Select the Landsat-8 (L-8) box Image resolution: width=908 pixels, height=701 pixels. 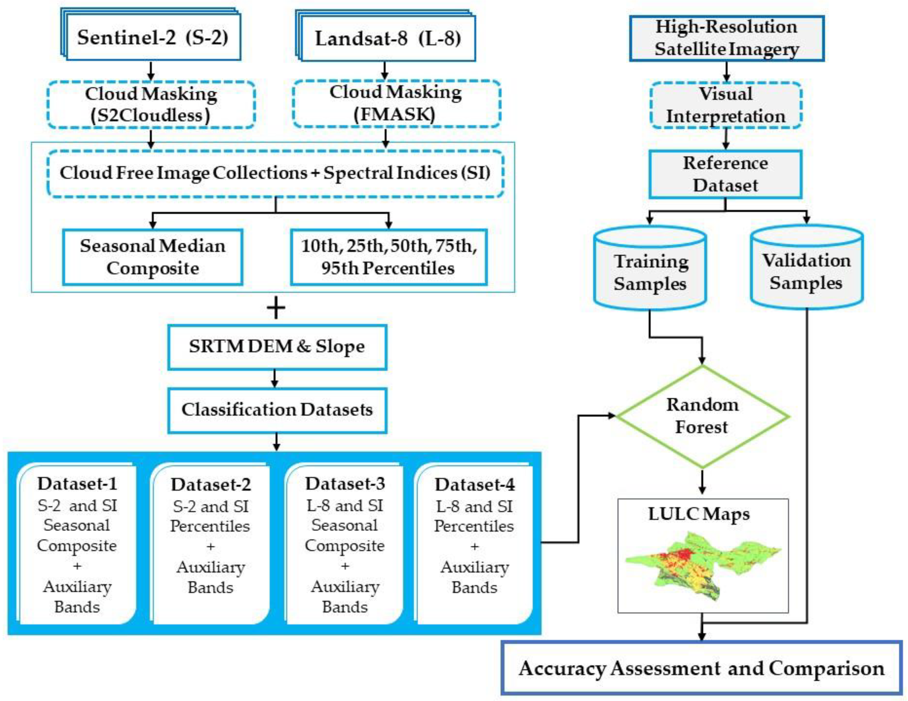pyautogui.click(x=387, y=39)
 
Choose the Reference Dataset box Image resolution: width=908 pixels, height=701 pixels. pyautogui.click(x=725, y=174)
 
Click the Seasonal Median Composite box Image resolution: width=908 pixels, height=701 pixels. pyautogui.click(x=153, y=257)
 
